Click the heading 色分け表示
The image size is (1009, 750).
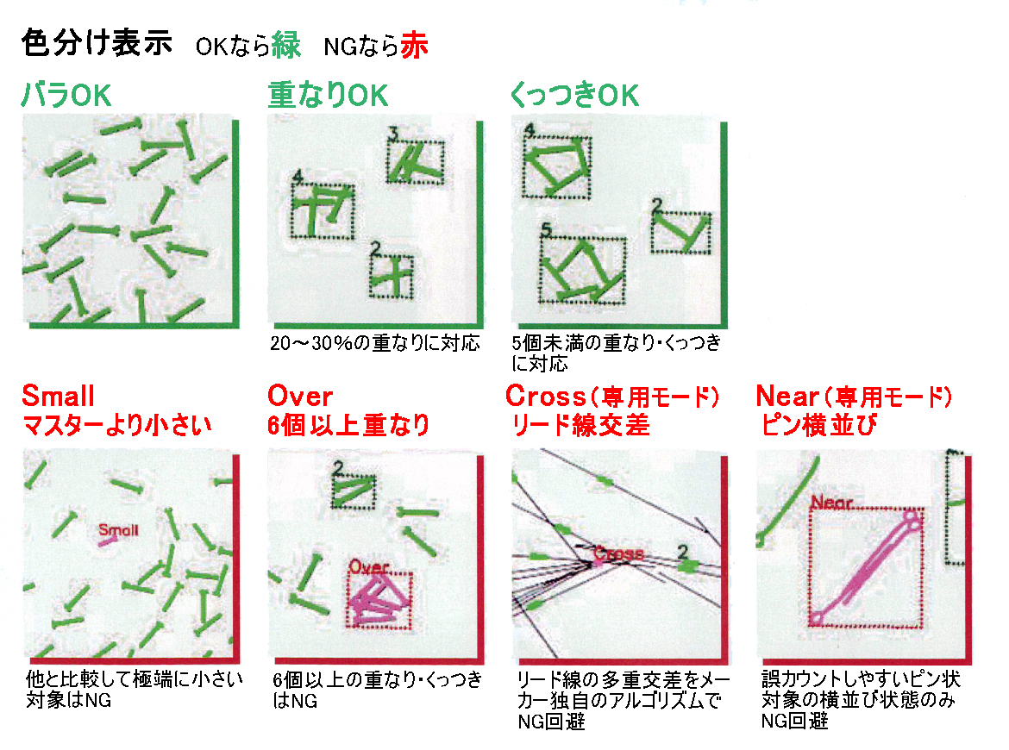click(97, 44)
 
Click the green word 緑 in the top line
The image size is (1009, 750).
click(285, 45)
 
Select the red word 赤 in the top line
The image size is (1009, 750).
click(414, 45)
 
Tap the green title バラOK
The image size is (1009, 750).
click(66, 95)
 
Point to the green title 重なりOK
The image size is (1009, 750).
click(328, 95)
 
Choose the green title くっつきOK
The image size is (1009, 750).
click(574, 95)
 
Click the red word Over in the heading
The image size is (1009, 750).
click(300, 397)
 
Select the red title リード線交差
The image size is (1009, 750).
click(580, 425)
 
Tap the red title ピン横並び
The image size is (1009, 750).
click(818, 425)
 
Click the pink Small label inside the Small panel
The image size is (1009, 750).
click(118, 529)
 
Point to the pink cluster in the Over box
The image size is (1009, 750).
click(379, 599)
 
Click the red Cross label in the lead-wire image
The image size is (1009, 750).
click(618, 553)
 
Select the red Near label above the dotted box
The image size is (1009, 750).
click(831, 502)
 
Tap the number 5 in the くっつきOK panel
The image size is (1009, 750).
click(547, 229)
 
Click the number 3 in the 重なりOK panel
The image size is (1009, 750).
click(394, 133)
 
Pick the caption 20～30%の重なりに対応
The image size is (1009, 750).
click(375, 343)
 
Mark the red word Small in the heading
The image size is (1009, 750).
click(58, 397)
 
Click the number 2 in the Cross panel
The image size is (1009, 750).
click(683, 551)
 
